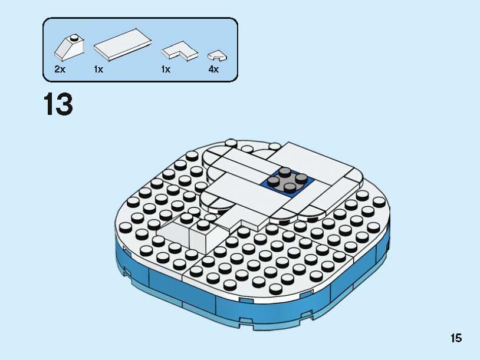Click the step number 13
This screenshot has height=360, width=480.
coord(58,105)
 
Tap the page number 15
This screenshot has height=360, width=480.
coord(456,338)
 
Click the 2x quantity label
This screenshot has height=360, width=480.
coord(60,69)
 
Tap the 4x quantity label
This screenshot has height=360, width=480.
coord(213,69)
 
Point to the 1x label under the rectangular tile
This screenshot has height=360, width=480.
coord(98,69)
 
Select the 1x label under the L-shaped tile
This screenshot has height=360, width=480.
coord(166,69)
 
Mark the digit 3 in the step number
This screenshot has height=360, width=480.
coord(64,105)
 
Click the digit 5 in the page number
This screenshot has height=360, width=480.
coord(459,338)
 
